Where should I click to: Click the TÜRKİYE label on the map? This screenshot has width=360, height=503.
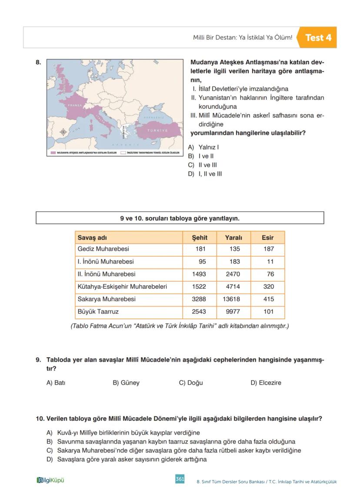(x=157, y=130)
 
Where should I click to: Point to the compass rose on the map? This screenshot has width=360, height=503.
(x=63, y=132)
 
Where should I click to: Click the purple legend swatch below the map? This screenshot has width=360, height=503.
(x=53, y=153)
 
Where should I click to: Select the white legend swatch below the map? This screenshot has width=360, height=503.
(x=123, y=153)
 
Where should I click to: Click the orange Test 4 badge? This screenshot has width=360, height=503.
(x=317, y=37)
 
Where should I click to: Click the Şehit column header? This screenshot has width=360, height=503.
(x=200, y=237)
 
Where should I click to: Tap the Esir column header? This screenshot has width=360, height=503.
(x=267, y=237)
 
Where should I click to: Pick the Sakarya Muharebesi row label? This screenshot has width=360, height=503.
(x=107, y=299)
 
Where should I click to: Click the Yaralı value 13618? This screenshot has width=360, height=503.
(x=231, y=299)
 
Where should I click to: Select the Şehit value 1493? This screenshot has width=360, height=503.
(x=199, y=274)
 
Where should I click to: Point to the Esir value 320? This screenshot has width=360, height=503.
(x=268, y=286)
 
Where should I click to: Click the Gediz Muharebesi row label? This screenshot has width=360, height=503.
(x=103, y=249)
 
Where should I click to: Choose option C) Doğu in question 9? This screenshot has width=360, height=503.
(x=191, y=383)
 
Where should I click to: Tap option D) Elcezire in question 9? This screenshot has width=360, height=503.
(x=266, y=383)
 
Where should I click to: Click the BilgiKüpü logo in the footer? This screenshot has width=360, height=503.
(x=50, y=480)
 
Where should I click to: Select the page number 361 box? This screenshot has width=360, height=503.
(x=180, y=479)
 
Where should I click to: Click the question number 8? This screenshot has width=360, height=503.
(x=38, y=62)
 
